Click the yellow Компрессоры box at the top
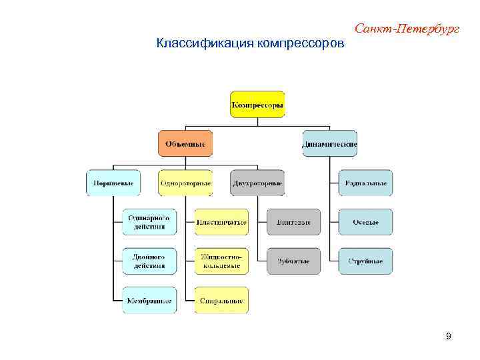pos(257,105)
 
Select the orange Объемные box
pos(185,143)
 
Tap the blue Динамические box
pos(329,143)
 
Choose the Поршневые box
pos(113,183)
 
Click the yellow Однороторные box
pos(185,183)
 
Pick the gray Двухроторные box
pos(257,183)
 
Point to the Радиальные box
pos(365,183)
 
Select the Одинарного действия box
pos(149,222)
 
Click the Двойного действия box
pos(149,261)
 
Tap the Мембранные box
pos(149,300)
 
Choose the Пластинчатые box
pos(221,222)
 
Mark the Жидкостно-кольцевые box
pos(221,261)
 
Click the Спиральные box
pos(221,300)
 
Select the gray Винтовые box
pos(293,222)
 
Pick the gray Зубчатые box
pos(293,261)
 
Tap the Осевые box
pos(365,222)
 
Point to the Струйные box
pos(365,261)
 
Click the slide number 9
pos(448,336)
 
